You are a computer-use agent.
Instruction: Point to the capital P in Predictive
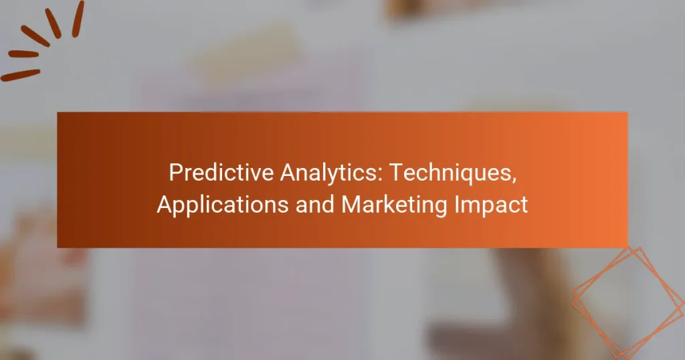[175, 173]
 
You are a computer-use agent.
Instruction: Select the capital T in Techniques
[397, 173]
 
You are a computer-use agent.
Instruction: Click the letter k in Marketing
[393, 205]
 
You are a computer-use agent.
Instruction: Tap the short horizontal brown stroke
[23, 54]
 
